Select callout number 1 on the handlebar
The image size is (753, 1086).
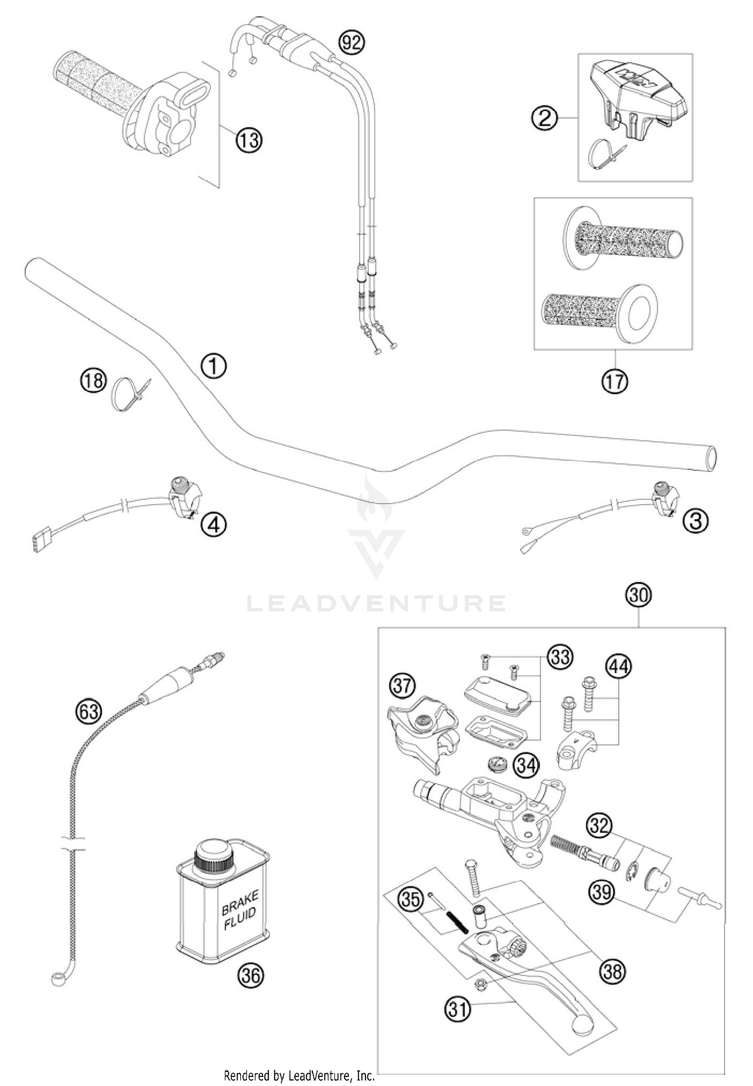pyautogui.click(x=214, y=366)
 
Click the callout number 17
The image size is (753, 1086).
pyautogui.click(x=615, y=382)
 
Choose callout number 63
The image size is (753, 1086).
pyautogui.click(x=88, y=711)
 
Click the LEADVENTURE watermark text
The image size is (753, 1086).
pyautogui.click(x=376, y=603)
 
